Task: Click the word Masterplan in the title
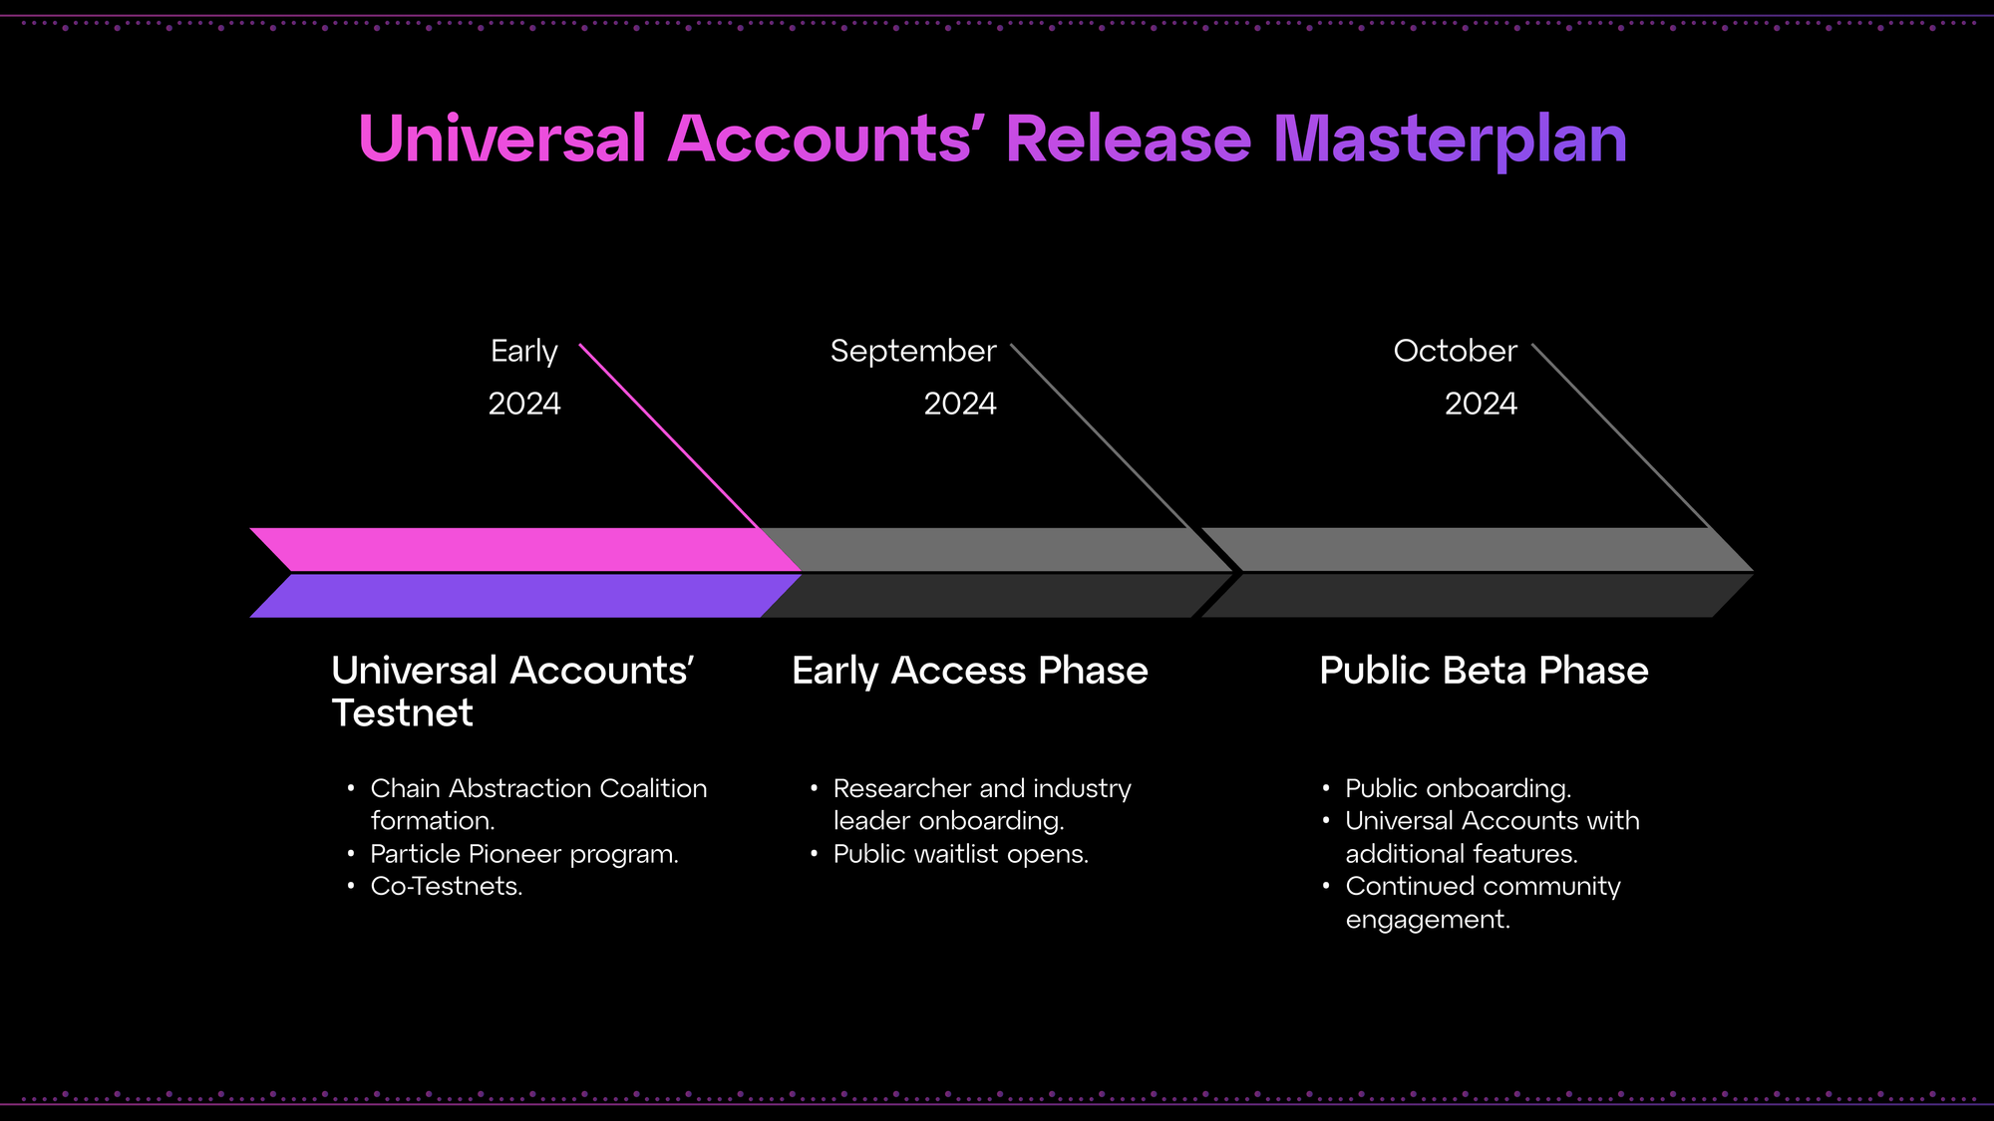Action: click(1450, 139)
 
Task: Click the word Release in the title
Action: click(1128, 139)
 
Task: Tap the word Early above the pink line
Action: click(523, 351)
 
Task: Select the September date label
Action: click(912, 351)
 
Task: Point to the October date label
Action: click(1455, 351)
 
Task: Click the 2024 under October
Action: click(1481, 404)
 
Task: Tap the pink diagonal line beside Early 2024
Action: click(668, 434)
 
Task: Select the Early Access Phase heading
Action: click(969, 671)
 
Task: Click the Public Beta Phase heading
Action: click(1484, 671)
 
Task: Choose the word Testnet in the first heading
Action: click(402, 713)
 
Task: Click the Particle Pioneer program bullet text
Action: click(523, 854)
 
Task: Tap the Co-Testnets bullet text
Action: click(446, 886)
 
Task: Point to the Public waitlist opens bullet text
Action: click(960, 854)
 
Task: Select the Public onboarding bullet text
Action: click(1458, 788)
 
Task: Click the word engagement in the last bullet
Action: click(1427, 919)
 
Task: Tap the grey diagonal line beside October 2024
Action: click(1620, 434)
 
